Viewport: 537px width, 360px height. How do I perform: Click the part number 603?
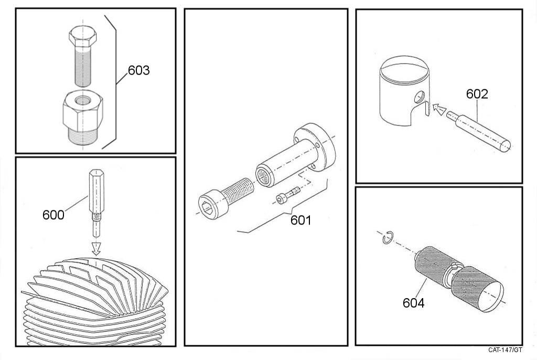pos(138,70)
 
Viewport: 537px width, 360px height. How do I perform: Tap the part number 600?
pos(53,215)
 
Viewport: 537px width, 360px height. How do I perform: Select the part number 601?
pos(300,220)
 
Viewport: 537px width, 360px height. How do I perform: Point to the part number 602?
pos(477,94)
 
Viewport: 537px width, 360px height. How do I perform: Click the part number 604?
pos(413,303)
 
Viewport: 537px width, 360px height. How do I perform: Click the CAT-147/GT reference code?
pos(505,350)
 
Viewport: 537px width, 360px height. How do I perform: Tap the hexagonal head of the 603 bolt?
pos(82,37)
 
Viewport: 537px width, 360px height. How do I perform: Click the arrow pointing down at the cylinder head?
pos(96,248)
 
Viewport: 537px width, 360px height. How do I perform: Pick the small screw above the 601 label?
pos(288,195)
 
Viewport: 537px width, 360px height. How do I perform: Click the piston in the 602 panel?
pos(404,91)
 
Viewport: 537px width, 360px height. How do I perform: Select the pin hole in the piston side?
pos(419,97)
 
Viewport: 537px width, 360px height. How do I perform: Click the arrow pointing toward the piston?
pos(439,109)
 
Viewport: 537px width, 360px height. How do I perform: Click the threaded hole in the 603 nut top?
pos(83,100)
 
